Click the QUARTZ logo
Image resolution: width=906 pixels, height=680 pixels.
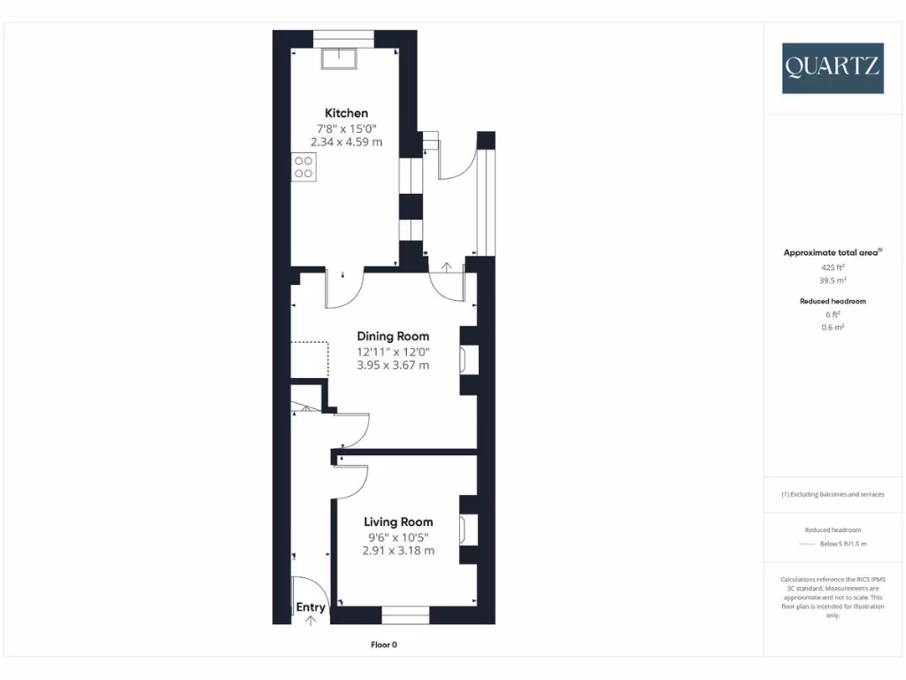pyautogui.click(x=832, y=68)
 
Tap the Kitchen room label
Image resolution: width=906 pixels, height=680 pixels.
pyautogui.click(x=347, y=113)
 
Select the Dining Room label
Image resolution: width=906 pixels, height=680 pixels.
pyautogui.click(x=393, y=336)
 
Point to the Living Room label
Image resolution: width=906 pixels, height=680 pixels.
pyautogui.click(x=398, y=522)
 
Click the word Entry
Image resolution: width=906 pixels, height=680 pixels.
pyautogui.click(x=311, y=607)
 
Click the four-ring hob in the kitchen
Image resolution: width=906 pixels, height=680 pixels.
pyautogui.click(x=304, y=167)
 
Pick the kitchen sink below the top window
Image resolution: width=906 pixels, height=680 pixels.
pyautogui.click(x=339, y=58)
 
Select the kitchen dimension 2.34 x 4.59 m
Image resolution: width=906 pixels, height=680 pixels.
pyautogui.click(x=347, y=142)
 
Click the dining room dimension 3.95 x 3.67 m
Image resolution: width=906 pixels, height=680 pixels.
pyautogui.click(x=393, y=365)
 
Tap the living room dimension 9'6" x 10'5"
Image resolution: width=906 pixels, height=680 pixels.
pyautogui.click(x=398, y=537)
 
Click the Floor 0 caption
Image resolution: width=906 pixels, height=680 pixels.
pyautogui.click(x=389, y=645)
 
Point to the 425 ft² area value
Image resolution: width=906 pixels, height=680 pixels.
pyautogui.click(x=833, y=267)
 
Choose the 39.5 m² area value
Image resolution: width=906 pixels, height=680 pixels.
pyautogui.click(x=833, y=280)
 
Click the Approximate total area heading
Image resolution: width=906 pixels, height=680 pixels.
pyautogui.click(x=833, y=253)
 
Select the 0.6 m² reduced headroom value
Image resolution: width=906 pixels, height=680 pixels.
pyautogui.click(x=833, y=328)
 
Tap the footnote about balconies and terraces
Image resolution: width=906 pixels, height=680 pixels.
pyautogui.click(x=833, y=494)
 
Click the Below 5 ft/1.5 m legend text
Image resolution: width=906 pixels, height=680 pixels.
pyautogui.click(x=843, y=544)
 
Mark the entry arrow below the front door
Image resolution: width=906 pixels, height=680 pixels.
pyautogui.click(x=311, y=621)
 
